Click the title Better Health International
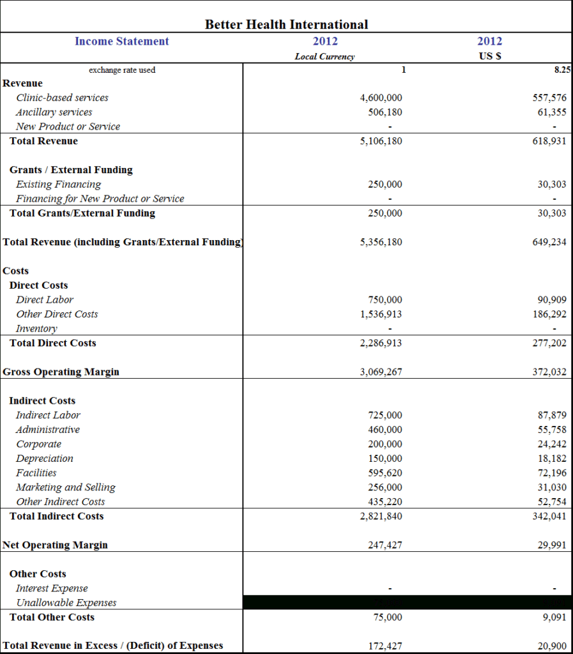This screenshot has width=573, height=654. click(286, 25)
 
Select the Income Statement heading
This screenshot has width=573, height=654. click(121, 42)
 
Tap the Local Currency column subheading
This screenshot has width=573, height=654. click(325, 56)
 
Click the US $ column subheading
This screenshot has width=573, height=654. click(489, 56)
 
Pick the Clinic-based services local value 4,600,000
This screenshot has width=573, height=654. click(381, 98)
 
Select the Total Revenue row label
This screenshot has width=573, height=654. click(43, 141)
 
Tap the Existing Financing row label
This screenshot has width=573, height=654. click(58, 185)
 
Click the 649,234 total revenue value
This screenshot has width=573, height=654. click(549, 242)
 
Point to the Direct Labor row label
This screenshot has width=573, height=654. click(45, 300)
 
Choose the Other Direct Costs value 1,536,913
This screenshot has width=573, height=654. click(381, 314)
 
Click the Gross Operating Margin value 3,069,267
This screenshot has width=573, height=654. click(381, 372)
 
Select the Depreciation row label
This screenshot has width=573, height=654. click(45, 459)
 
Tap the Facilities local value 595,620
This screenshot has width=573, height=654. click(385, 473)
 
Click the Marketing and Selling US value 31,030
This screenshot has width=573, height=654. click(552, 487)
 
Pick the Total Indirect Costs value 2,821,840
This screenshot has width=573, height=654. click(381, 516)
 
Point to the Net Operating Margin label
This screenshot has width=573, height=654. click(55, 545)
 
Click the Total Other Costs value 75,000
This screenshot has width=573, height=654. click(388, 618)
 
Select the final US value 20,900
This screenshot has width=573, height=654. click(552, 646)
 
